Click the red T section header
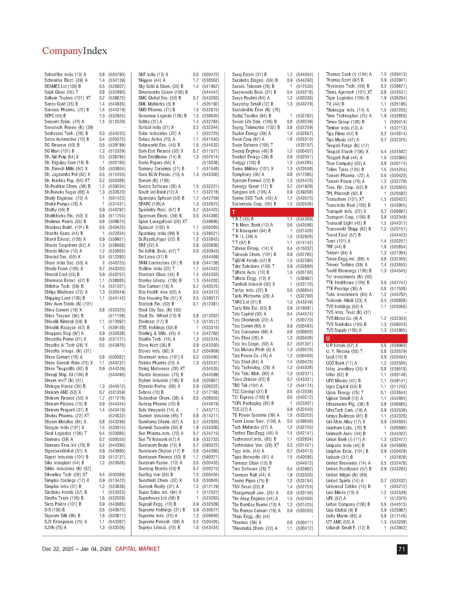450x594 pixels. [271, 212]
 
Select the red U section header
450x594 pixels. [365, 338]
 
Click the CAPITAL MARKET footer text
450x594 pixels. [138, 549]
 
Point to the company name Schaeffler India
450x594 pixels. [59, 74]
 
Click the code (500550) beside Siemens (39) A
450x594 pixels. [117, 439]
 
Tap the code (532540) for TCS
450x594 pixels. [305, 410]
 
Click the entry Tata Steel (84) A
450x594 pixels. [248, 362]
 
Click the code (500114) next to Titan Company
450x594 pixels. [398, 164]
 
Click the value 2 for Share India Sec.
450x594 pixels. [103, 263]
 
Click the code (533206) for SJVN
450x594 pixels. [117, 527]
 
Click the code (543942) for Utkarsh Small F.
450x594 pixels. [398, 528]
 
